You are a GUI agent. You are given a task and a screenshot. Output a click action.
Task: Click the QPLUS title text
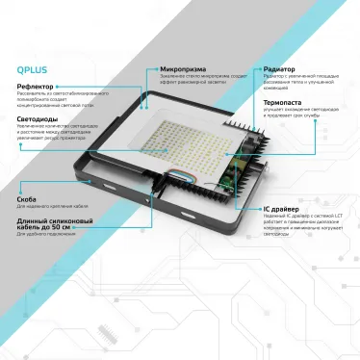[33, 68]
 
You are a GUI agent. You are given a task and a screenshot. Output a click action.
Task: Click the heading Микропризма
[184, 69]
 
